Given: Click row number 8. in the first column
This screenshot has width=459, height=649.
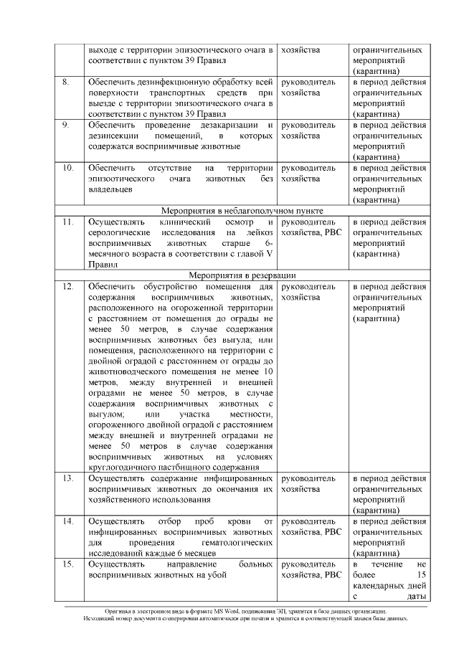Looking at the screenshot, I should [x=65, y=82].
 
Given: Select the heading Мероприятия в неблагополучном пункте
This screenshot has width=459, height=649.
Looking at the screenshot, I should [x=241, y=211].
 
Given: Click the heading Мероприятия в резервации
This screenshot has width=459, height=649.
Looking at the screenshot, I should [x=242, y=275].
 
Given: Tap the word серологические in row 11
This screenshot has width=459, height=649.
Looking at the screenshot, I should [x=118, y=233].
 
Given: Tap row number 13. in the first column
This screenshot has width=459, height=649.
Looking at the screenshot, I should [x=67, y=478].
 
